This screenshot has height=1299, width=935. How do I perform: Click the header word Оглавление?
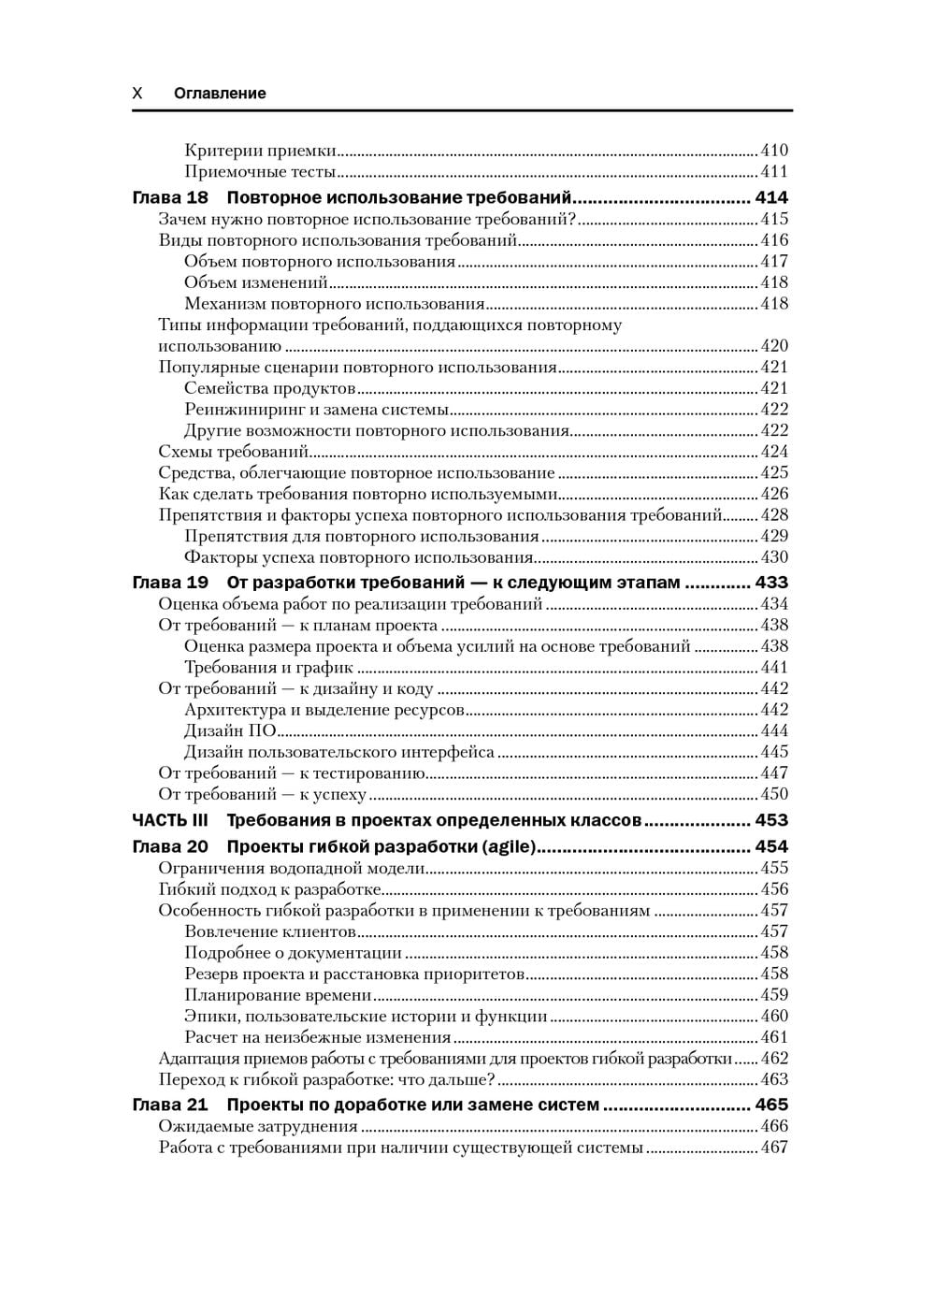pyautogui.click(x=220, y=94)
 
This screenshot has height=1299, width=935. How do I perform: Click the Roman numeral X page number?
pyautogui.click(x=137, y=94)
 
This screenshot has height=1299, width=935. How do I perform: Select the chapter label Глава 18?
pyautogui.click(x=170, y=197)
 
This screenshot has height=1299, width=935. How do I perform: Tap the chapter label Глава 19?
pyautogui.click(x=170, y=583)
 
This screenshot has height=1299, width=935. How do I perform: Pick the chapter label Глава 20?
pyautogui.click(x=170, y=846)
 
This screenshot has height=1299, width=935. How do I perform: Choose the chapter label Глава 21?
pyautogui.click(x=170, y=1104)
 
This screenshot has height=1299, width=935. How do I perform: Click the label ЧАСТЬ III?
pyautogui.click(x=170, y=820)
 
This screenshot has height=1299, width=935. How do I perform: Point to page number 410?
pyautogui.click(x=774, y=151)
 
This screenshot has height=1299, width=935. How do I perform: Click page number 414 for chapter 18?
pyautogui.click(x=771, y=197)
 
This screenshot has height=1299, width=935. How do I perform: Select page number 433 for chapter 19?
pyautogui.click(x=771, y=583)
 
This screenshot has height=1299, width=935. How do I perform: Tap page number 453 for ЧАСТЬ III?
pyautogui.click(x=771, y=820)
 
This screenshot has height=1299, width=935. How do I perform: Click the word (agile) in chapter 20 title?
pyautogui.click(x=510, y=846)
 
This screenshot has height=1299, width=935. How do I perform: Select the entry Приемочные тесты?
pyautogui.click(x=260, y=172)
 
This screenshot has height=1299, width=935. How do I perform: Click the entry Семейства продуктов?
pyautogui.click(x=270, y=388)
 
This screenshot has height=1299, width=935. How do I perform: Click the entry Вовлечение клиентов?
pyautogui.click(x=270, y=931)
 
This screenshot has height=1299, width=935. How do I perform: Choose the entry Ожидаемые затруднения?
pyautogui.click(x=258, y=1127)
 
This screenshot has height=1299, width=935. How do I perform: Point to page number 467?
pyautogui.click(x=774, y=1147)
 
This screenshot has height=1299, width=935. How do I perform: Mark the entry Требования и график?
pyautogui.click(x=268, y=668)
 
